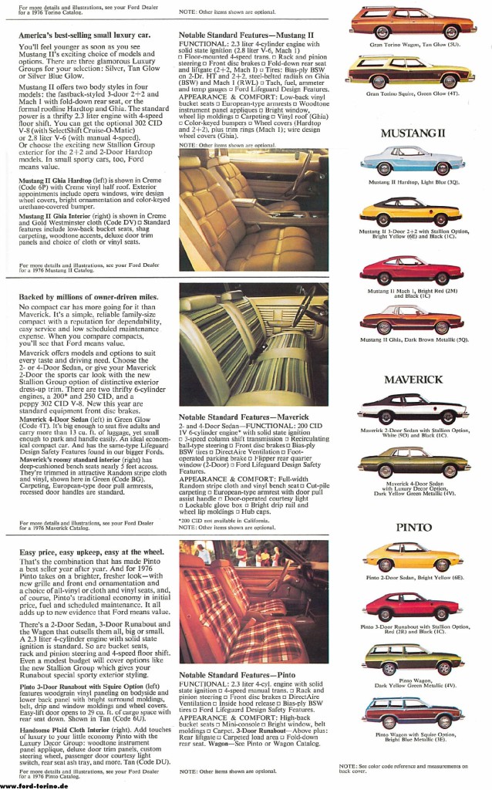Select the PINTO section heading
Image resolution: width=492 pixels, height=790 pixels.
(414, 528)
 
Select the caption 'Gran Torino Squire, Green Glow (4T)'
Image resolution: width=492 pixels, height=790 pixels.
(413, 94)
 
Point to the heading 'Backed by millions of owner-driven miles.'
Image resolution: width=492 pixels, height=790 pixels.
(89, 296)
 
